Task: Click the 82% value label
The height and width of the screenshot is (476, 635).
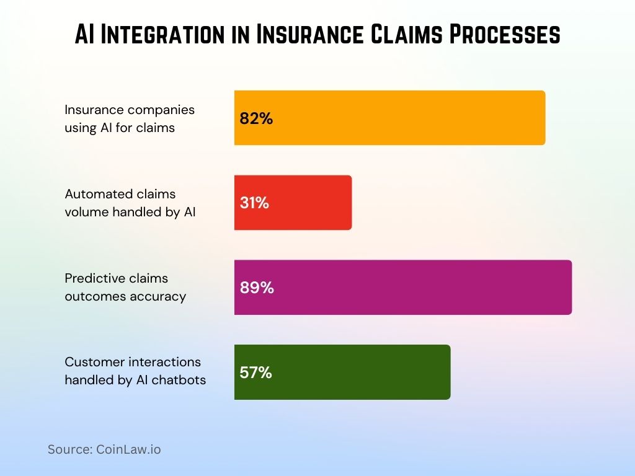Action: tap(256, 118)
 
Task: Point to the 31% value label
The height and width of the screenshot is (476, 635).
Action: tap(254, 203)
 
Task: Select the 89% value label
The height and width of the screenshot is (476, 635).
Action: tap(257, 288)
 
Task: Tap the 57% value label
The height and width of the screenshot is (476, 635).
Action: tap(255, 372)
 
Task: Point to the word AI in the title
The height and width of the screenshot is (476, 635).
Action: tap(85, 34)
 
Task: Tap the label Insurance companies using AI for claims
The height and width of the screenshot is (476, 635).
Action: tap(130, 118)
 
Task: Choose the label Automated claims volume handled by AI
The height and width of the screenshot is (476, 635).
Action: tap(130, 203)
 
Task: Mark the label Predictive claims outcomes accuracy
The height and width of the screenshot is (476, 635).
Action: tap(125, 288)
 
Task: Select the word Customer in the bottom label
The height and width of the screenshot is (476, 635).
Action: tap(91, 361)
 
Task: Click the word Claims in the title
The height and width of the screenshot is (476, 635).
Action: tap(407, 34)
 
